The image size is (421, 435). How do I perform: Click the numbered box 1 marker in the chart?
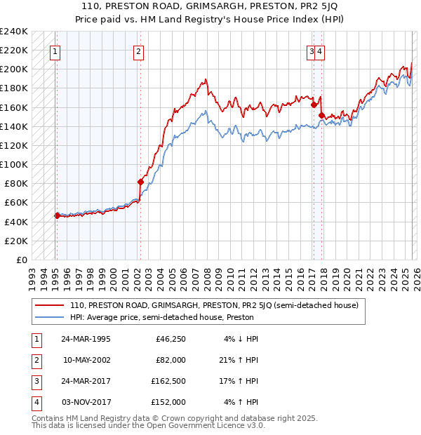[55, 51]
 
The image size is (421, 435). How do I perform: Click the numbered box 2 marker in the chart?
[139, 51]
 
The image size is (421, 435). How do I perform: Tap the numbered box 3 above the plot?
[311, 51]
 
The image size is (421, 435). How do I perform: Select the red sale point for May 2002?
[140, 182]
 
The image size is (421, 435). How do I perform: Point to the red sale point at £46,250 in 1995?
[58, 215]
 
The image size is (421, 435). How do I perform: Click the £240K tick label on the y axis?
[14, 32]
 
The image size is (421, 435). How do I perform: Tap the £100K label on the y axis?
[14, 164]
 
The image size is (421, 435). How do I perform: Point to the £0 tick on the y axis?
[21, 260]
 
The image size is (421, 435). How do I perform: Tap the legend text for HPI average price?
[161, 317]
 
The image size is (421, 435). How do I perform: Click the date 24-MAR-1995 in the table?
[86, 340]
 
